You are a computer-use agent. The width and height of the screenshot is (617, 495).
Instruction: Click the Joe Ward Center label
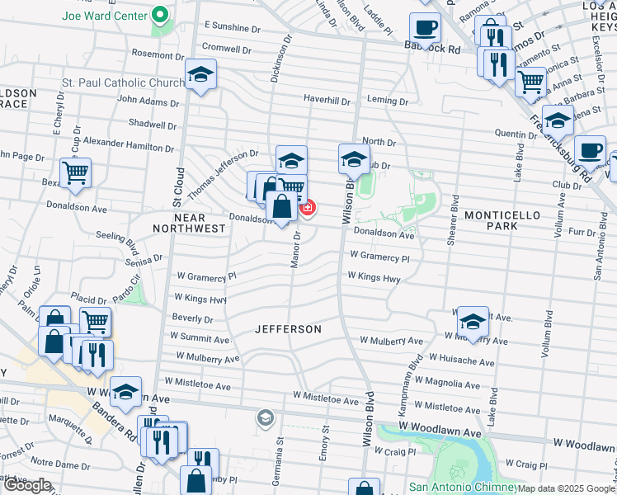pyautogui.click(x=103, y=15)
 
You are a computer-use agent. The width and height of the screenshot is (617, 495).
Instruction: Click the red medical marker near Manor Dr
pyautogui.click(x=308, y=208)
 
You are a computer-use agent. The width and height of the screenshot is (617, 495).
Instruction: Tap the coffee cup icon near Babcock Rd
pyautogui.click(x=425, y=27)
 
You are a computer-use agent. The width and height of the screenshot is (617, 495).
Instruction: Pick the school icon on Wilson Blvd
pyautogui.click(x=353, y=158)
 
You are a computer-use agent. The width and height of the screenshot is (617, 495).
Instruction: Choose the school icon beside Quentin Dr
pyautogui.click(x=558, y=120)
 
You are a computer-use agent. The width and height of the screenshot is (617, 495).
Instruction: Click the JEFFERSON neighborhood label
pyautogui.click(x=288, y=329)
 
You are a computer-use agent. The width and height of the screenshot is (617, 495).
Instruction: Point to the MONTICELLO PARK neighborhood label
pyautogui.click(x=502, y=220)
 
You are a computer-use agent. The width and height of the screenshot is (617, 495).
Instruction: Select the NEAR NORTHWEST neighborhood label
pyautogui.click(x=188, y=222)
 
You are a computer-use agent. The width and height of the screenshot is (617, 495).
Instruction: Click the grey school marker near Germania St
pyautogui.click(x=264, y=418)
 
